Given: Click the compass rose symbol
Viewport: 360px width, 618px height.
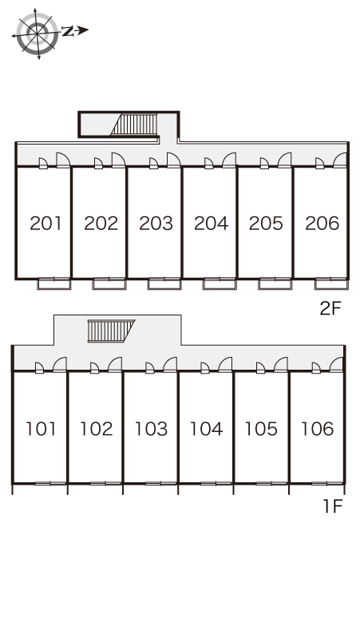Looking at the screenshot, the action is click(37, 34).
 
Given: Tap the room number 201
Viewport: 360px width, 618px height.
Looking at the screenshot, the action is click(45, 224).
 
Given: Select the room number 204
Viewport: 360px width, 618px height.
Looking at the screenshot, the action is click(211, 224).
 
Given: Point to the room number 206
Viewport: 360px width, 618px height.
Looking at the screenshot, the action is click(322, 224).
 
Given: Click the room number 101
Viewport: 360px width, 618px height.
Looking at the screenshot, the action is click(41, 429).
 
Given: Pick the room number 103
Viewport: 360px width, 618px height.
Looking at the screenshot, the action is click(151, 429).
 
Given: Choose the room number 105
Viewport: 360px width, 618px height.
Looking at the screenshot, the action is click(261, 429).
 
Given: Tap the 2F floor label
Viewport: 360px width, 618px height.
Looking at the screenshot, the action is click(330, 309).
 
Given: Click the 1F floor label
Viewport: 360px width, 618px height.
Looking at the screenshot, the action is click(333, 506).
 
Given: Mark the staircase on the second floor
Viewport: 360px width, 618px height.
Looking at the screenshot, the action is click(135, 125).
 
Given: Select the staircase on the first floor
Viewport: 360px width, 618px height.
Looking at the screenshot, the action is click(111, 331).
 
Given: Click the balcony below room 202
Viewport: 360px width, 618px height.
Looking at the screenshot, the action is click(109, 283).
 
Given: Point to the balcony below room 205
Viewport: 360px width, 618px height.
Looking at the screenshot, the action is click(275, 283).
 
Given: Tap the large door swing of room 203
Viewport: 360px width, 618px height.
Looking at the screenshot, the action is click(174, 160).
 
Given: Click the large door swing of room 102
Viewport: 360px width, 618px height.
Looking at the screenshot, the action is click(115, 365).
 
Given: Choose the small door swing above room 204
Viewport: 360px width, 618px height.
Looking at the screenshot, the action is click(209, 163).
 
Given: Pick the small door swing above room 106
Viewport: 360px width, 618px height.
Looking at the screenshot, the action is click(316, 368).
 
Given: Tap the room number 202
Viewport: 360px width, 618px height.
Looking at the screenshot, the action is click(101, 224).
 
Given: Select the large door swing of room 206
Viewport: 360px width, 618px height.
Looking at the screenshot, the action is click(340, 160).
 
